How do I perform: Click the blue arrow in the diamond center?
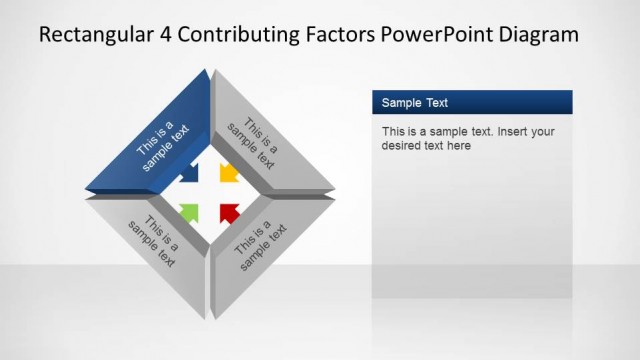click(190, 173)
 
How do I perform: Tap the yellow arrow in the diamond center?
click(228, 173)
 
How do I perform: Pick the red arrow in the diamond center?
click(229, 211)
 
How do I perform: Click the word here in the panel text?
click(458, 145)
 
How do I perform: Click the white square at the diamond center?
click(209, 192)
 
